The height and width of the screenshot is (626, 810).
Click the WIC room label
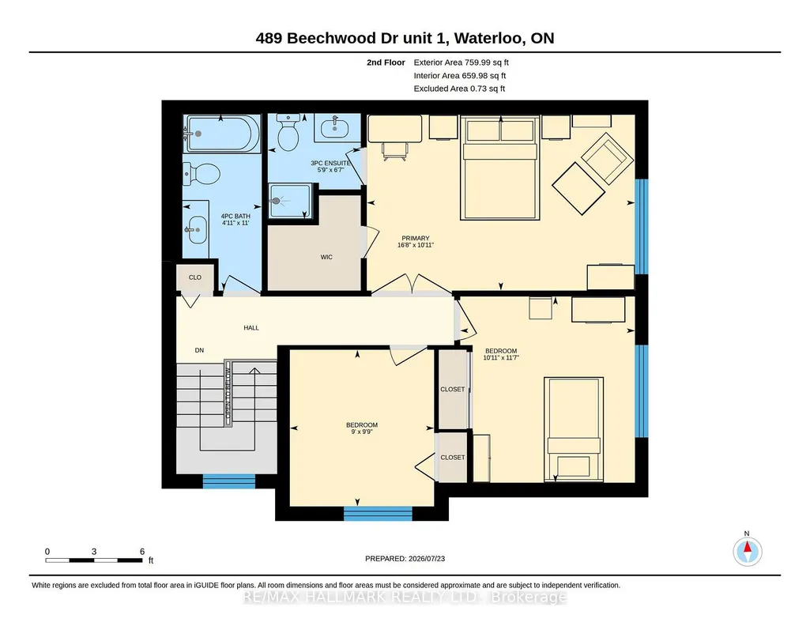tap(326, 257)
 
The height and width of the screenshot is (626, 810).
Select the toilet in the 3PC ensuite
tap(288, 132)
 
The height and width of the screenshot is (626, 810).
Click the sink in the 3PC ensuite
tap(334, 126)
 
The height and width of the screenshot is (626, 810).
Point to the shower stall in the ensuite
tap(290, 201)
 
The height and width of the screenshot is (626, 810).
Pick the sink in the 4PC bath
tap(196, 229)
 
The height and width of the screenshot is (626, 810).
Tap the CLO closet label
tap(194, 277)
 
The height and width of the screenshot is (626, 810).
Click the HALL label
tap(251, 328)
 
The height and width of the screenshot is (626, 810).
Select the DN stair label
tap(199, 350)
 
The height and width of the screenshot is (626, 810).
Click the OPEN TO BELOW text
tap(228, 394)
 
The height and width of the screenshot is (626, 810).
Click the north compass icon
tap(747, 551)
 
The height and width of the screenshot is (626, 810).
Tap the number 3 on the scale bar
tap(94, 552)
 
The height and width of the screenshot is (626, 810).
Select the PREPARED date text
tap(405, 558)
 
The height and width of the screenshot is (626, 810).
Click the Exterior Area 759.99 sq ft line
tap(461, 62)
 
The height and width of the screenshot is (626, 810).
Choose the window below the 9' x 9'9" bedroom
tap(378, 514)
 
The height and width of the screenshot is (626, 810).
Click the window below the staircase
tap(229, 481)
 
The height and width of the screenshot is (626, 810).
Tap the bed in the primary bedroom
tap(500, 168)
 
